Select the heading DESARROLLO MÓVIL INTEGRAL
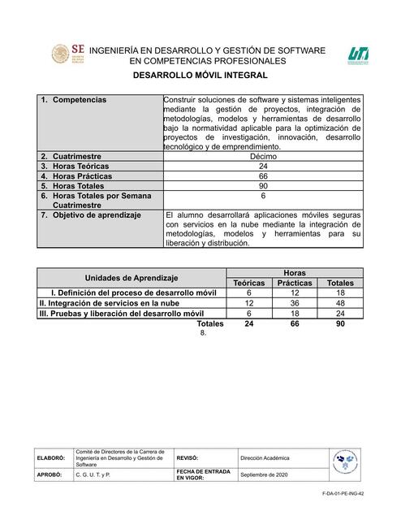pyautogui.click(x=200, y=74)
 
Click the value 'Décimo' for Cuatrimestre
pyautogui.click(x=263, y=154)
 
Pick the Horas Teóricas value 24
pyautogui.click(x=263, y=165)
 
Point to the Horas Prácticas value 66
pyautogui.click(x=263, y=175)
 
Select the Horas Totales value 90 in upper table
pyautogui.click(x=263, y=186)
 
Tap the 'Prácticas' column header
pyautogui.click(x=295, y=283)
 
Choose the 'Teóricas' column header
pyautogui.click(x=249, y=283)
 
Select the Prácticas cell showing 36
pyautogui.click(x=295, y=302)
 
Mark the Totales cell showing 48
pyautogui.click(x=340, y=302)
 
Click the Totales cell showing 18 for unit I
pyautogui.click(x=340, y=292)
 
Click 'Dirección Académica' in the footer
pyautogui.click(x=265, y=458)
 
